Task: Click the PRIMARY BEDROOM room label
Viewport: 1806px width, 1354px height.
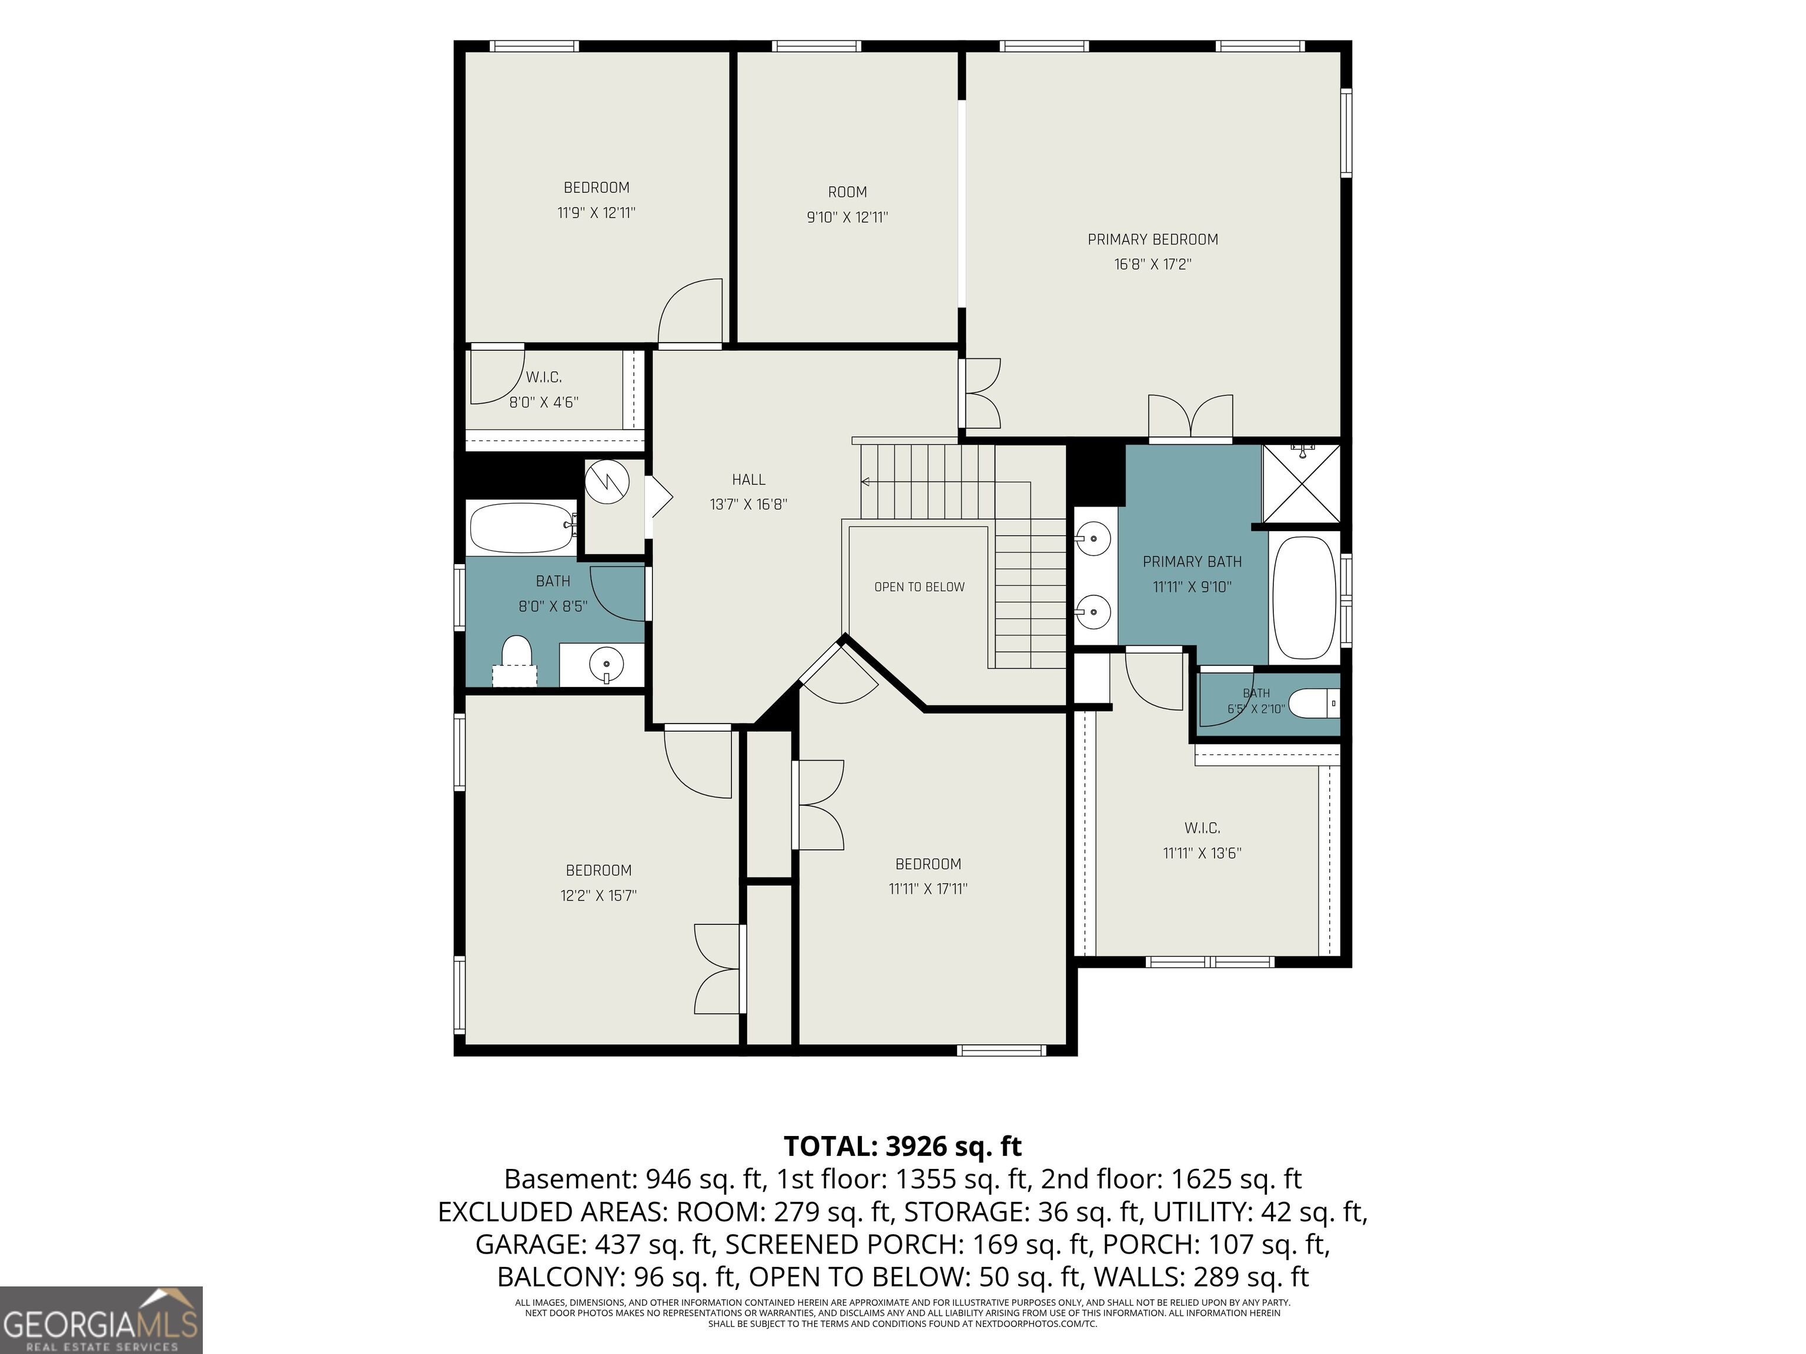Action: [1152, 239]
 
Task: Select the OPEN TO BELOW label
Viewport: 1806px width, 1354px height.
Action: [919, 587]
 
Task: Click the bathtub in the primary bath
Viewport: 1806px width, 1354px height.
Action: [1304, 598]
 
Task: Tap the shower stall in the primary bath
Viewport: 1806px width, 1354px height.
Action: [1302, 483]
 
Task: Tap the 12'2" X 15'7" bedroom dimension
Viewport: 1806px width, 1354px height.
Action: [598, 896]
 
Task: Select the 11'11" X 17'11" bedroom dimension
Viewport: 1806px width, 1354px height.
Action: [928, 889]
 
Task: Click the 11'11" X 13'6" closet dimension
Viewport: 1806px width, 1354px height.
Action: [1202, 853]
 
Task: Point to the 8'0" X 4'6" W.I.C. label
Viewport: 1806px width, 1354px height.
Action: [544, 401]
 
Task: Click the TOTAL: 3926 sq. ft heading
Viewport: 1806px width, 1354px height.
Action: [902, 1146]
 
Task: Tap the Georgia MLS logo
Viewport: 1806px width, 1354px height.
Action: [101, 1320]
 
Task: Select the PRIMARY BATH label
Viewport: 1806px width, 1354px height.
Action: [1192, 561]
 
